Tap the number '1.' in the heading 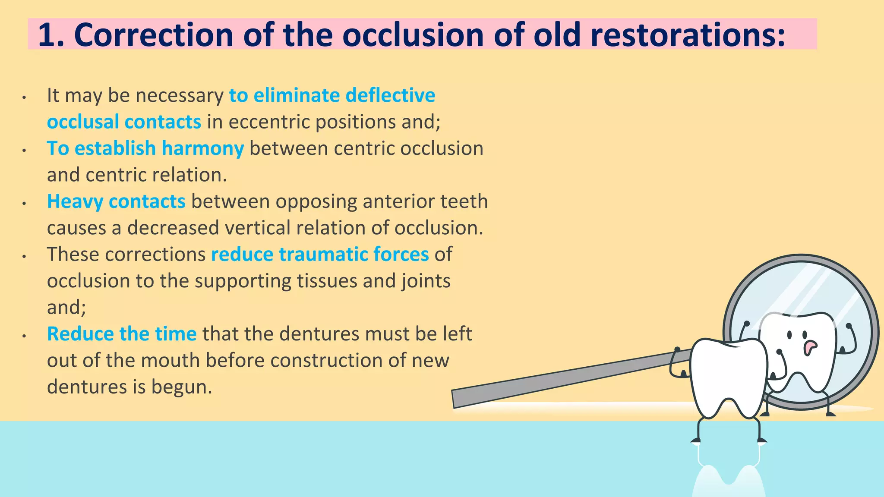click(x=51, y=35)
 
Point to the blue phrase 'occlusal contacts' click(x=124, y=122)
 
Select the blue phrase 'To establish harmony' click(x=145, y=148)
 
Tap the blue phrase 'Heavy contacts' click(x=116, y=201)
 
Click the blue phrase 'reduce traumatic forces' click(x=320, y=255)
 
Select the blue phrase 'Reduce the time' click(x=122, y=334)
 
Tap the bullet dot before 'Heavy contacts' click(x=25, y=203)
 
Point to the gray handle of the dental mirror click(x=561, y=379)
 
